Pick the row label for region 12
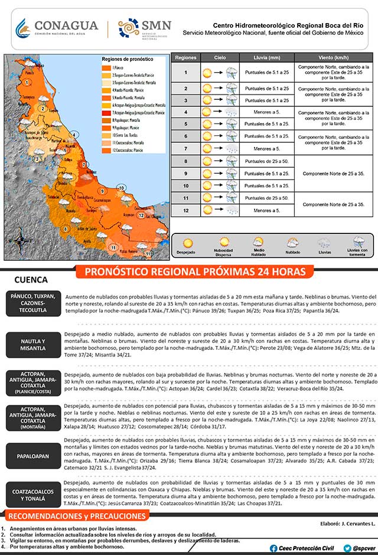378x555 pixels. pos(185,210)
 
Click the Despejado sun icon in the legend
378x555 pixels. pos(188,243)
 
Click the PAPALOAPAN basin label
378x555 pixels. pos(32,456)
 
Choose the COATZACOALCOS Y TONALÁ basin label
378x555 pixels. pos(32,494)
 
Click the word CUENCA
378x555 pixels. pos(32,280)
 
